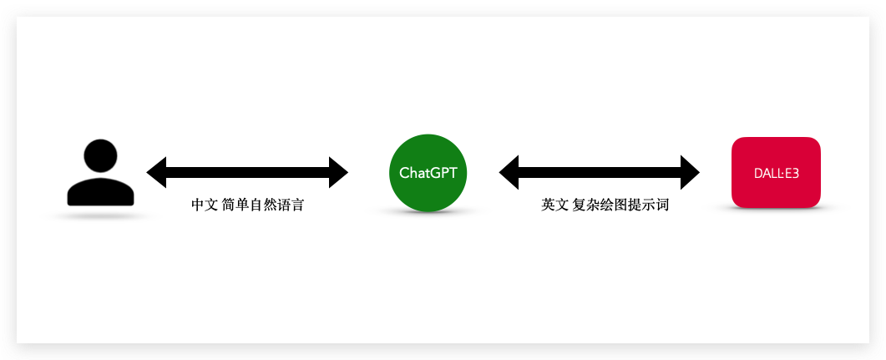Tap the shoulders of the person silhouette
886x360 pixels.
101,193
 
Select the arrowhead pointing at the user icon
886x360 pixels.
157,172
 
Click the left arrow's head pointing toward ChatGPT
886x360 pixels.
338,172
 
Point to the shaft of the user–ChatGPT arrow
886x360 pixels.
247,172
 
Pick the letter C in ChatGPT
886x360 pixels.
405,173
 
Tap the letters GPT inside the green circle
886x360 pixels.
443,173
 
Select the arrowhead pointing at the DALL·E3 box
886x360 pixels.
690,172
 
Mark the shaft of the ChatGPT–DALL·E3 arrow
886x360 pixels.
600,172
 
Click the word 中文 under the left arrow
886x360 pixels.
205,205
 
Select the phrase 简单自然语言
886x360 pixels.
263,205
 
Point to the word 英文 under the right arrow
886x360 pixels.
554,205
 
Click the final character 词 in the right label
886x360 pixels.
662,205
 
